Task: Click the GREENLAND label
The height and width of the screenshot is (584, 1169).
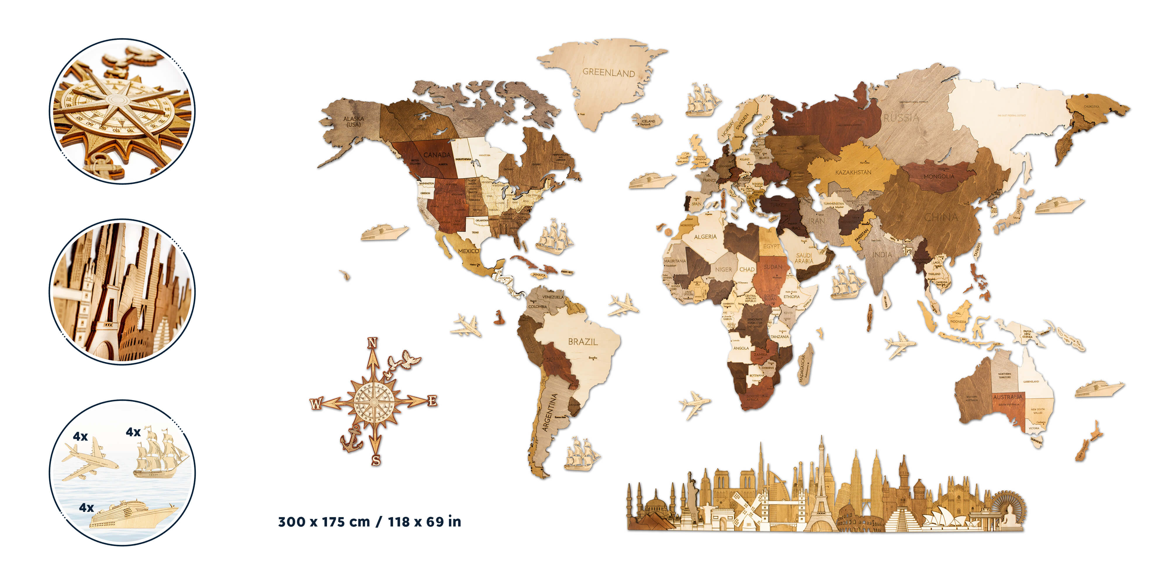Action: click(x=608, y=72)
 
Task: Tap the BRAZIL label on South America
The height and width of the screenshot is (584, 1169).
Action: click(x=583, y=342)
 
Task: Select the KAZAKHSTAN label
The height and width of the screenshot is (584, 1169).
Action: click(x=853, y=172)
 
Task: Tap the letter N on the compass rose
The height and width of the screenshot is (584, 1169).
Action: click(x=372, y=343)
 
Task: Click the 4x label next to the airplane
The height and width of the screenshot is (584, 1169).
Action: click(x=80, y=436)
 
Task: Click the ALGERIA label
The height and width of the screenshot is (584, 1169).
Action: click(x=705, y=237)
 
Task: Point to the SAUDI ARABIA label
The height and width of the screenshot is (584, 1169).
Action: click(x=804, y=258)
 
